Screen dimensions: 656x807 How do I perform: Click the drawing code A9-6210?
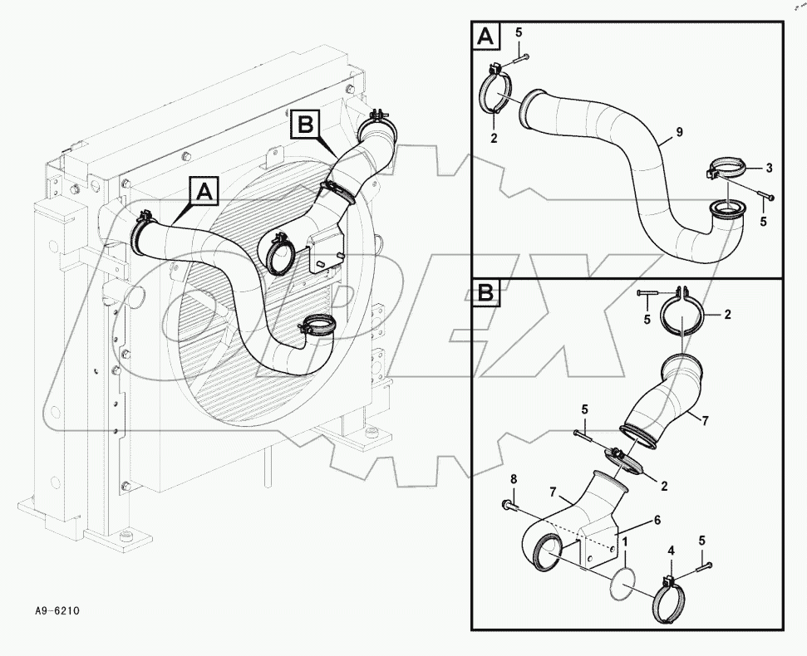coord(57,611)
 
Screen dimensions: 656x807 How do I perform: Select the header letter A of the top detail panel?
coord(486,37)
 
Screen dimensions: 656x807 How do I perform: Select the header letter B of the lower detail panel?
coord(486,292)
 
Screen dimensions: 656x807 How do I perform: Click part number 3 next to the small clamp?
coord(769,168)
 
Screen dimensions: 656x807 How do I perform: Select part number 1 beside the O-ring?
coord(624,540)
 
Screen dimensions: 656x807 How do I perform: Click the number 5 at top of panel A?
coord(519,32)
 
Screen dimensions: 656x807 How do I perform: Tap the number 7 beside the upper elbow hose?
coord(704,422)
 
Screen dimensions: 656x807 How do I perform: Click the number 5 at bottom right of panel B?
coord(702,541)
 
